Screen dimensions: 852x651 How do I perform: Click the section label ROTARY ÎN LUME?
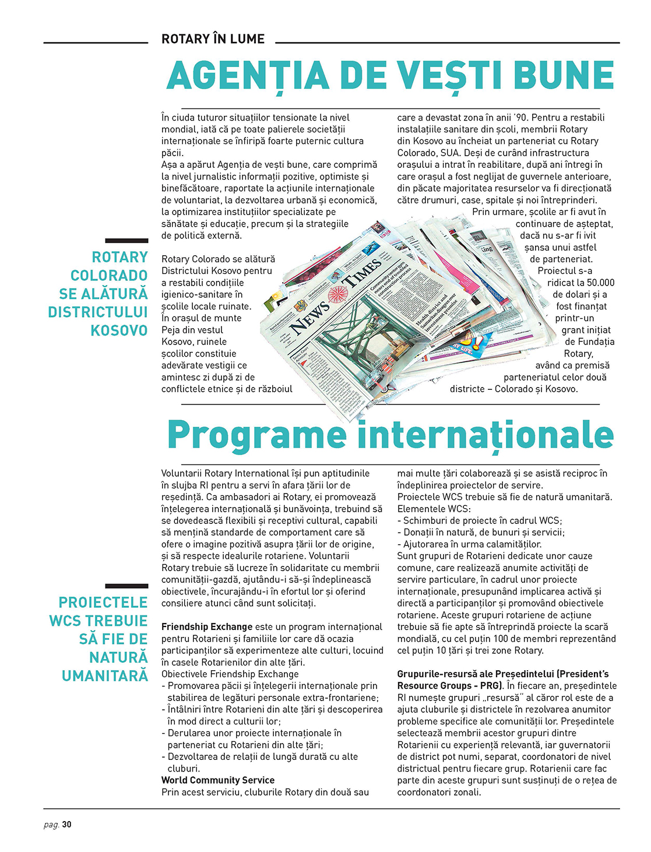tap(213, 39)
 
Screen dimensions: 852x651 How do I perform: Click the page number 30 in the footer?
tap(67, 824)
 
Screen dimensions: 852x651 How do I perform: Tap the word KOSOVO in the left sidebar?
tap(119, 330)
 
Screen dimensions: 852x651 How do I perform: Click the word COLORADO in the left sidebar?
tap(109, 276)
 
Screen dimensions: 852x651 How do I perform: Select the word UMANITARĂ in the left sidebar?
tap(105, 676)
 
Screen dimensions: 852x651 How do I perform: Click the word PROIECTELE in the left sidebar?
tap(103, 603)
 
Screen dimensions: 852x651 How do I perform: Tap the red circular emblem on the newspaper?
tap(337, 294)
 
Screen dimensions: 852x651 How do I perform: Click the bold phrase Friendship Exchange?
tap(207, 626)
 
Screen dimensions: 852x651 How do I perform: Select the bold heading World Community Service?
tap(218, 780)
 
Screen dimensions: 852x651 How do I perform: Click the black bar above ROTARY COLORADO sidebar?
tap(126, 240)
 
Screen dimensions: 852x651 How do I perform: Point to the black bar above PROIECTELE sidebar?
tap(126, 586)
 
